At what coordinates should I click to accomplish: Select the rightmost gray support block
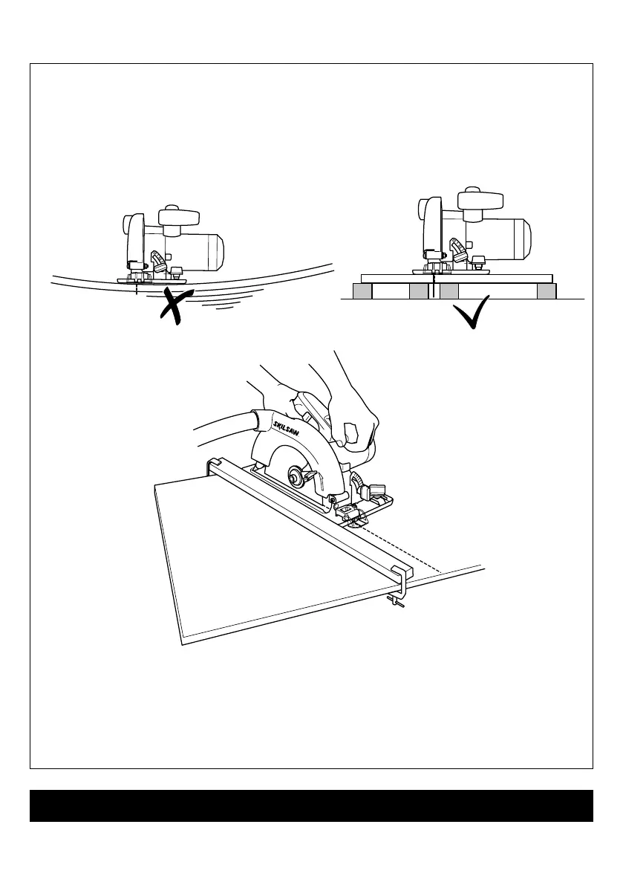547,292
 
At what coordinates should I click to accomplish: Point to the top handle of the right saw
480,200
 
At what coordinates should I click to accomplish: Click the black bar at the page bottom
311,805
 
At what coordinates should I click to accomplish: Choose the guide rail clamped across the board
312,513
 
